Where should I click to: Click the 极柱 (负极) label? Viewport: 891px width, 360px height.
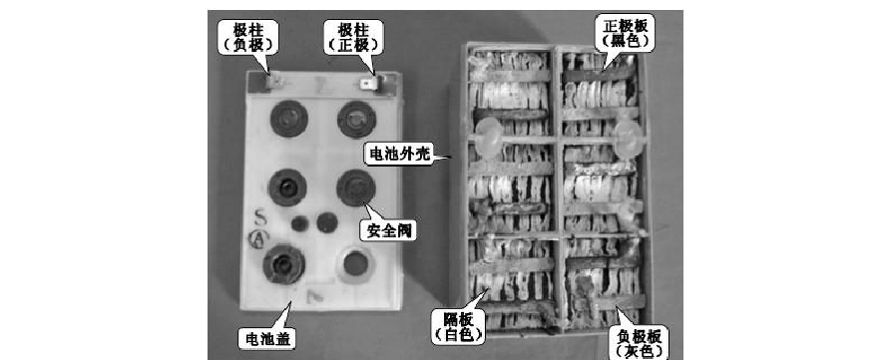[248, 37]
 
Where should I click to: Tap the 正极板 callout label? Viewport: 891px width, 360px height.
[623, 33]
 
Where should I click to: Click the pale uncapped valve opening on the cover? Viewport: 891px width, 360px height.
[353, 264]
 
